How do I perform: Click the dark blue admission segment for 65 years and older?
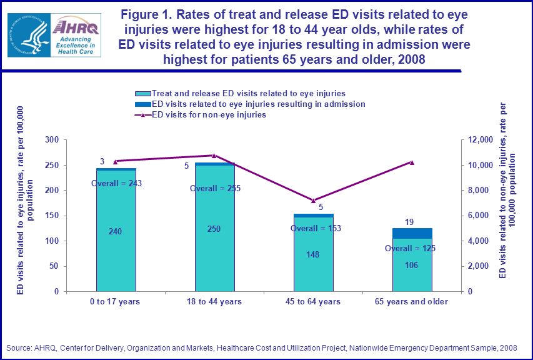point(412,233)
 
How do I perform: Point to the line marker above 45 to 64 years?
point(313,201)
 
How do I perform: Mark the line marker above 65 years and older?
point(412,162)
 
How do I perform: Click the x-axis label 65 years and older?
point(412,302)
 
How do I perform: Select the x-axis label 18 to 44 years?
point(214,302)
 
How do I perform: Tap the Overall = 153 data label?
point(316,228)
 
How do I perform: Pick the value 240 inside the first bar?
point(116,231)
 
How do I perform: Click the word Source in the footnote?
point(19,347)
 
